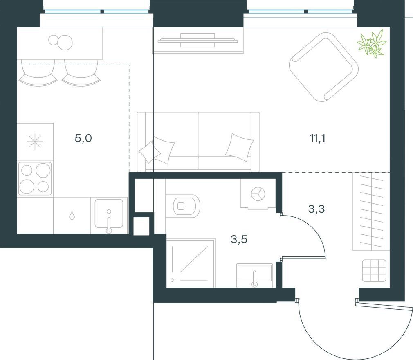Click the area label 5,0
(83, 138)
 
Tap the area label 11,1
(317, 138)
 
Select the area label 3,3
(316, 209)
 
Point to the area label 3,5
(239, 240)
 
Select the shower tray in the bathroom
(191, 263)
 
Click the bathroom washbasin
(254, 275)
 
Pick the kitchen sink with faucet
(109, 215)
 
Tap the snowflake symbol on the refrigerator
(35, 142)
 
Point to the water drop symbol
(72, 216)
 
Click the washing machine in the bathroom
(258, 194)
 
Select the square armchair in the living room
(324, 67)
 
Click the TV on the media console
(198, 40)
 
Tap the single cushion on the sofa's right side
(239, 147)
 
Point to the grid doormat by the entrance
(374, 271)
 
